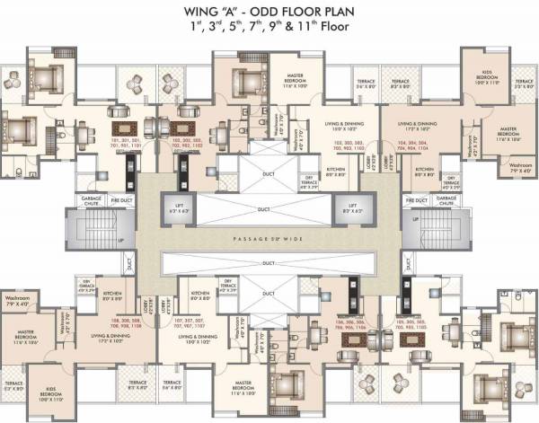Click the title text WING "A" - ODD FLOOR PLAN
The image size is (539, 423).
click(x=269, y=12)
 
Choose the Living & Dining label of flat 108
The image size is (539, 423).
click(x=110, y=340)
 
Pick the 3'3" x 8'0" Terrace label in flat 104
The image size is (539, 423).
click(x=525, y=84)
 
